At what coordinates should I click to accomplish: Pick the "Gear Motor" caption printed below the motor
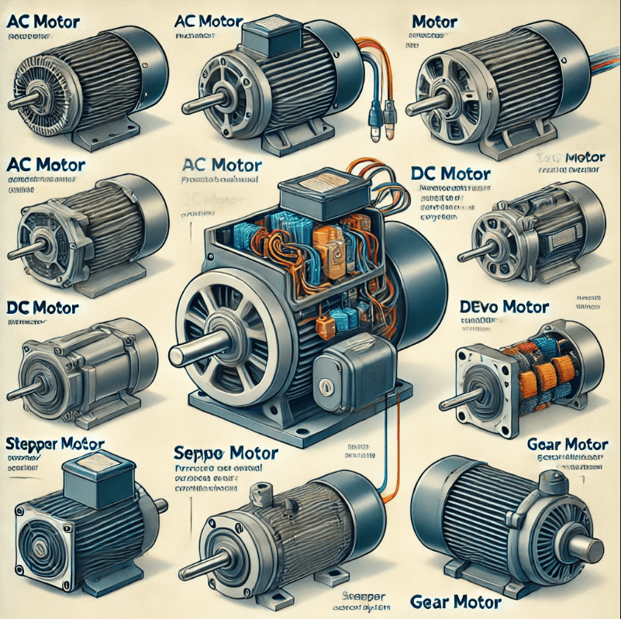pos(455,602)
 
